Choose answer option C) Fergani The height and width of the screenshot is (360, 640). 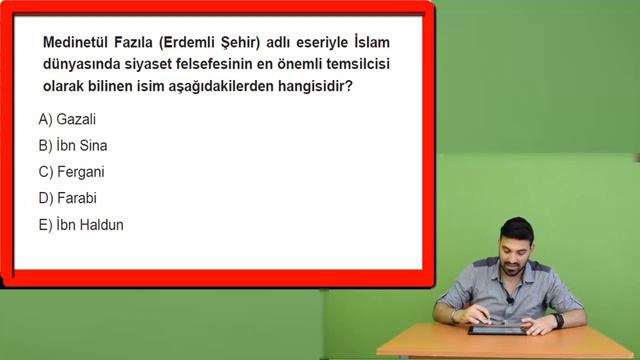point(72,171)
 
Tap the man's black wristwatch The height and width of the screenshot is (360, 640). point(558,320)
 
